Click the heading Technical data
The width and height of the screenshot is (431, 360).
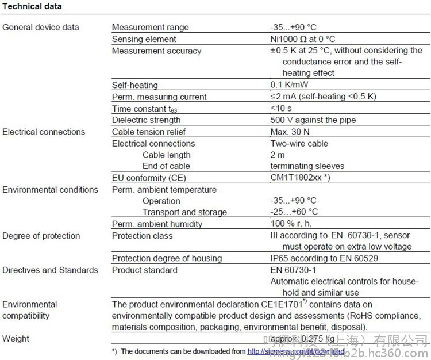click(32, 6)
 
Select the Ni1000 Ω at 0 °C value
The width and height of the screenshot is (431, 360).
click(303, 39)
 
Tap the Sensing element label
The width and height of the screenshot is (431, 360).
click(144, 39)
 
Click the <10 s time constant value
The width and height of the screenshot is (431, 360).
click(281, 108)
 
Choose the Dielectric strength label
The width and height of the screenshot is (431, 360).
click(146, 120)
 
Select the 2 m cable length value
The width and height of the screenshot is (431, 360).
click(278, 155)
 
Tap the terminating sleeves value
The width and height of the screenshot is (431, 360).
click(307, 166)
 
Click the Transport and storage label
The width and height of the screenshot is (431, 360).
click(184, 212)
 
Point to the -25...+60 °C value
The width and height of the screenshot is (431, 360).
click(294, 212)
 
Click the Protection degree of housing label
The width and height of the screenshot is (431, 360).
click(167, 258)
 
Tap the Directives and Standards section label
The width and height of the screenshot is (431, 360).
click(51, 270)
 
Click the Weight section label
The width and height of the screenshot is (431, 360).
click(16, 339)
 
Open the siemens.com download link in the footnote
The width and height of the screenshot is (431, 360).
click(296, 351)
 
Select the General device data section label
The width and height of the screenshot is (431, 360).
click(41, 27)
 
